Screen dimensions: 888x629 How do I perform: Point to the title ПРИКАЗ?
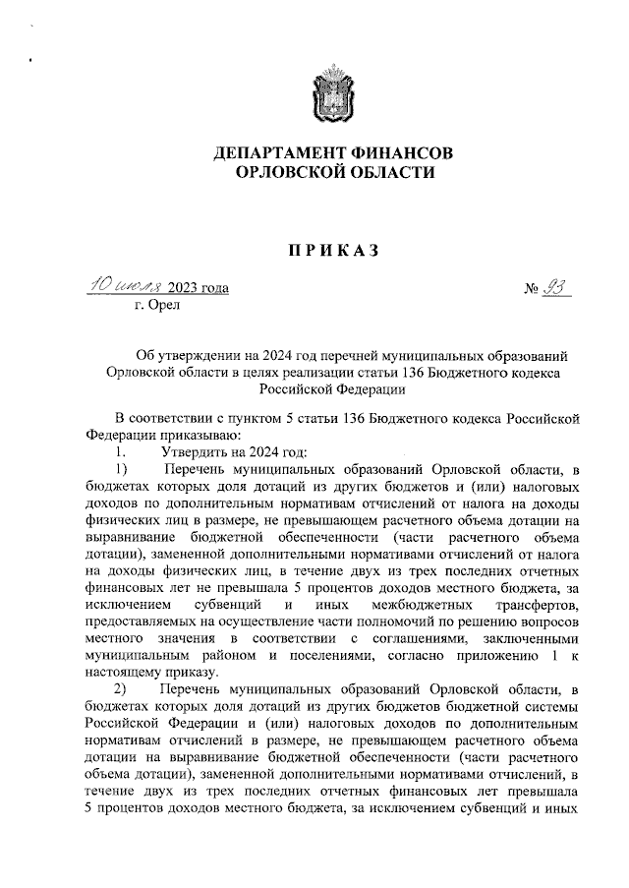point(333,251)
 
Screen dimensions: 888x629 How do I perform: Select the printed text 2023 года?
point(199,288)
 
